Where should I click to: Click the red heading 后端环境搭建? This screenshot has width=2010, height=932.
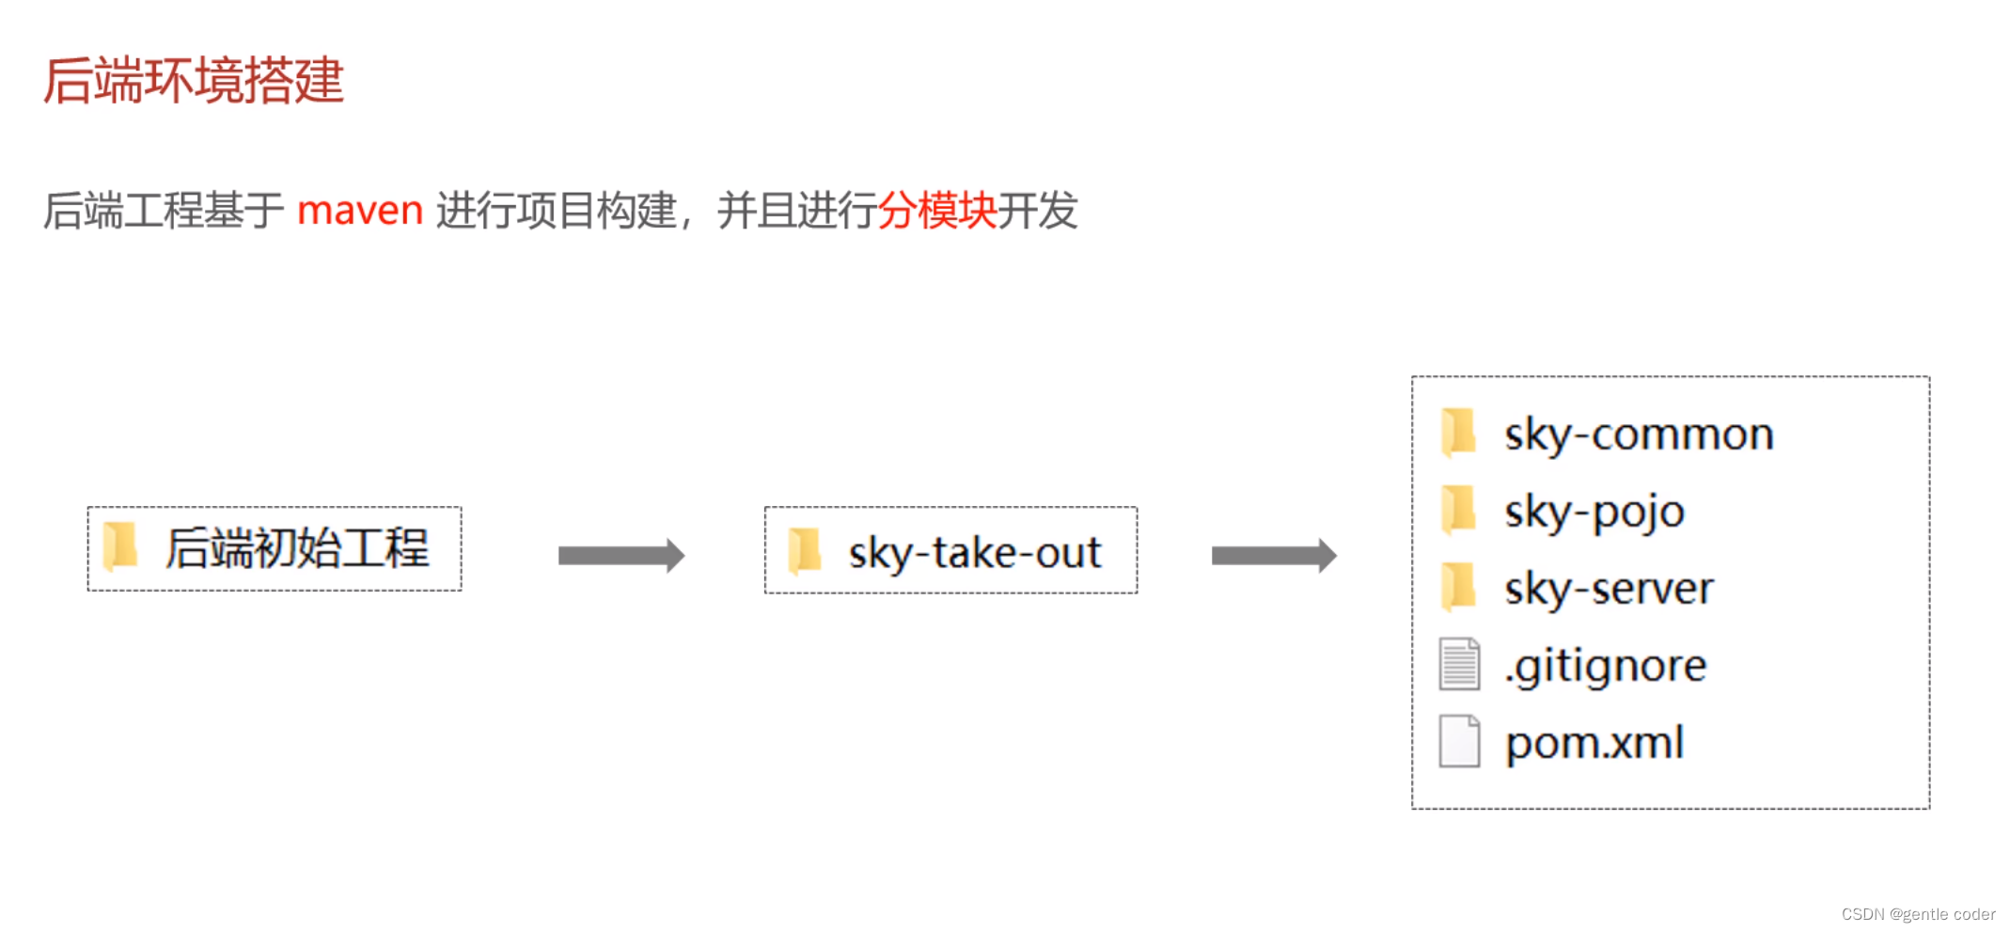(194, 81)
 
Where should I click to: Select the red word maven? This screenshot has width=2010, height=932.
(360, 210)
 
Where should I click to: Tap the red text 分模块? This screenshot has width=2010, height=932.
(936, 210)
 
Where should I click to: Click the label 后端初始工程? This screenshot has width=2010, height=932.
(297, 548)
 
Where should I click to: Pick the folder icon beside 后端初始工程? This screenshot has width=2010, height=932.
(120, 546)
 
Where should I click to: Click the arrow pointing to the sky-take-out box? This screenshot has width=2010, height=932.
(620, 555)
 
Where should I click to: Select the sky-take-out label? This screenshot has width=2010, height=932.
(974, 552)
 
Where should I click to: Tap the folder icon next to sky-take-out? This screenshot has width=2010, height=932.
(805, 550)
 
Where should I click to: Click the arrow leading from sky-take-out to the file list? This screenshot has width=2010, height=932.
(1274, 555)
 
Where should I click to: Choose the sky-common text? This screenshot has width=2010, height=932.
(1639, 434)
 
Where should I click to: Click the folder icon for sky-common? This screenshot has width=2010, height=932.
(1458, 433)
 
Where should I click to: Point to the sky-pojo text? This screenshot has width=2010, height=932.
(1594, 513)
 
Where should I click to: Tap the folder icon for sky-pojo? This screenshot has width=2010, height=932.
(1458, 510)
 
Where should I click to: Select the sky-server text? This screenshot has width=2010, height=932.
(1609, 589)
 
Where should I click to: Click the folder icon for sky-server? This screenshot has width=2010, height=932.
(1458, 587)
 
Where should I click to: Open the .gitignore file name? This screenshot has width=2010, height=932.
(1605, 666)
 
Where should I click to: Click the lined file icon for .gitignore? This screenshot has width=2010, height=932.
(1459, 664)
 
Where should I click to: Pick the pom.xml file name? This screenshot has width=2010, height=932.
(1594, 743)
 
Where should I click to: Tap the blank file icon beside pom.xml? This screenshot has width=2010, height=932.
(1459, 741)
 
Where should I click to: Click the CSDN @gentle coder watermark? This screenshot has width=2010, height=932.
(1918, 914)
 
